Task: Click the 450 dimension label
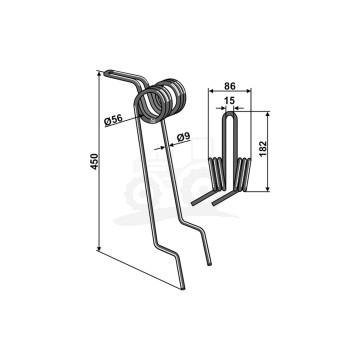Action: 95,161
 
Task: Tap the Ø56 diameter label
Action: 113,120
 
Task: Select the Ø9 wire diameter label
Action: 183,137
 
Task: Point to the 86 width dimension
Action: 230,86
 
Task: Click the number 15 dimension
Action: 230,101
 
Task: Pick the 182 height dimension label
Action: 263,149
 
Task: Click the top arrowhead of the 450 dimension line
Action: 99,74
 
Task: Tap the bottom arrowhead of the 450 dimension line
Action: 99,247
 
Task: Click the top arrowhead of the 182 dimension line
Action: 267,115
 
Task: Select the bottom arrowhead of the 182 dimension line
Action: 267,188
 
